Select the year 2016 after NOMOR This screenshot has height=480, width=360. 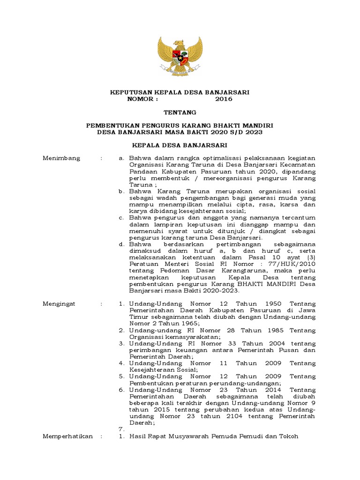(x=224, y=99)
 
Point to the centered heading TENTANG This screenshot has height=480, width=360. (x=180, y=112)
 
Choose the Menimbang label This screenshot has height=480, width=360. (x=61, y=158)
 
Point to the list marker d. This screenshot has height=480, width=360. (x=121, y=244)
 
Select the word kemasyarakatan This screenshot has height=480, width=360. (x=181, y=337)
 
